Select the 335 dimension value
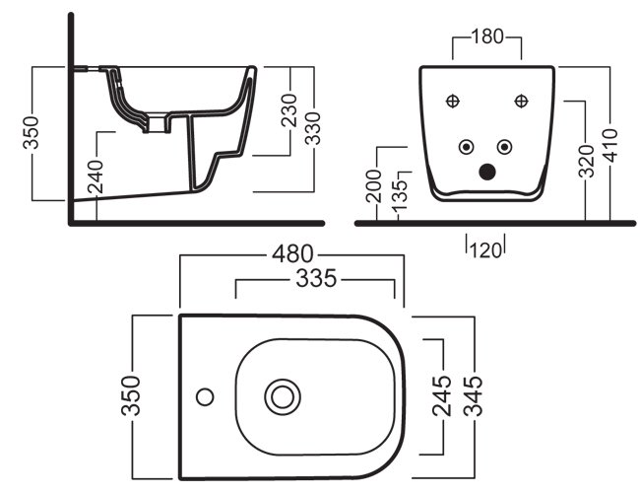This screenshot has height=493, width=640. (316, 280)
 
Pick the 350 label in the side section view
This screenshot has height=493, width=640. (32, 133)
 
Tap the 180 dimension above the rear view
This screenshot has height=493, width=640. (488, 37)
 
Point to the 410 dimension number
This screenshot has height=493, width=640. (613, 143)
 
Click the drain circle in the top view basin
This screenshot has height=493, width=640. (284, 396)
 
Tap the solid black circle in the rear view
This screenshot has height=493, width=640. (486, 172)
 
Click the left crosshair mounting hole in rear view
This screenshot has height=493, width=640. (454, 100)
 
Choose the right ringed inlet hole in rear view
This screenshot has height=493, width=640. (506, 147)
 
